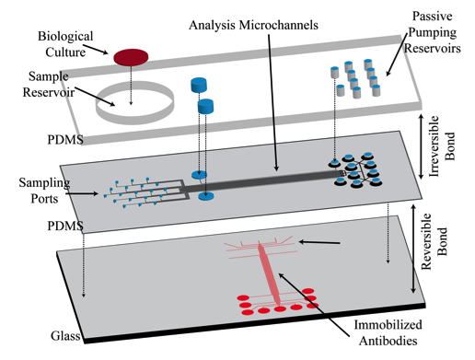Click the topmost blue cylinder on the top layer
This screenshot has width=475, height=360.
[198, 85]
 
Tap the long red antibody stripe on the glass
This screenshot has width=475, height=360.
[266, 272]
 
